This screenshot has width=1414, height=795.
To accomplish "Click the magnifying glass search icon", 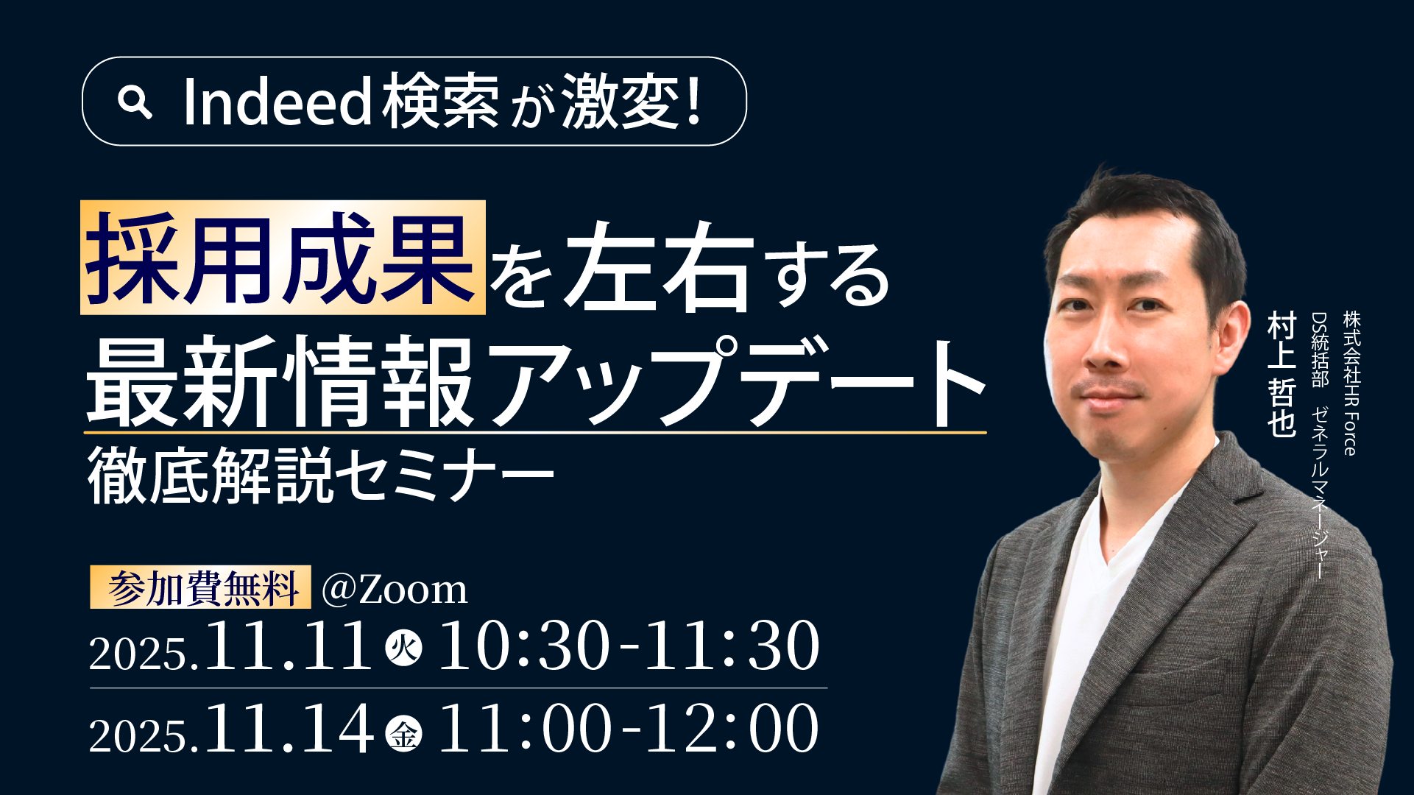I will click(135, 102).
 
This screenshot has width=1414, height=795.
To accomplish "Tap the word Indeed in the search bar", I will click(277, 102).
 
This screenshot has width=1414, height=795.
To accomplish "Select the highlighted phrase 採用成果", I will click(283, 258).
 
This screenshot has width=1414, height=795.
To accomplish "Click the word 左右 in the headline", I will click(659, 266).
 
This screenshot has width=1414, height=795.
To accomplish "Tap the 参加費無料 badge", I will click(200, 587).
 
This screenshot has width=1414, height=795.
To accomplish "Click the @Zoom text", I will click(395, 590).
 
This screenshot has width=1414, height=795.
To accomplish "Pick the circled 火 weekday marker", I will click(404, 648).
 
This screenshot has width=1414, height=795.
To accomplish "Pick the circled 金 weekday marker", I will click(404, 732).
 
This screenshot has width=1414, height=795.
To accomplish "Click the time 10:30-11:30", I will click(628, 646).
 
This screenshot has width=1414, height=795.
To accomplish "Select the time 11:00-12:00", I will click(628, 729).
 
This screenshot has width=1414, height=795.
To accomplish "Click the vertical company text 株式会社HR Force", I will click(1351, 383).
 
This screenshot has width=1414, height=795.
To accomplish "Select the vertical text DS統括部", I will click(1319, 349).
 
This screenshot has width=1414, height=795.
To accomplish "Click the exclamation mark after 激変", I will click(691, 102).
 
